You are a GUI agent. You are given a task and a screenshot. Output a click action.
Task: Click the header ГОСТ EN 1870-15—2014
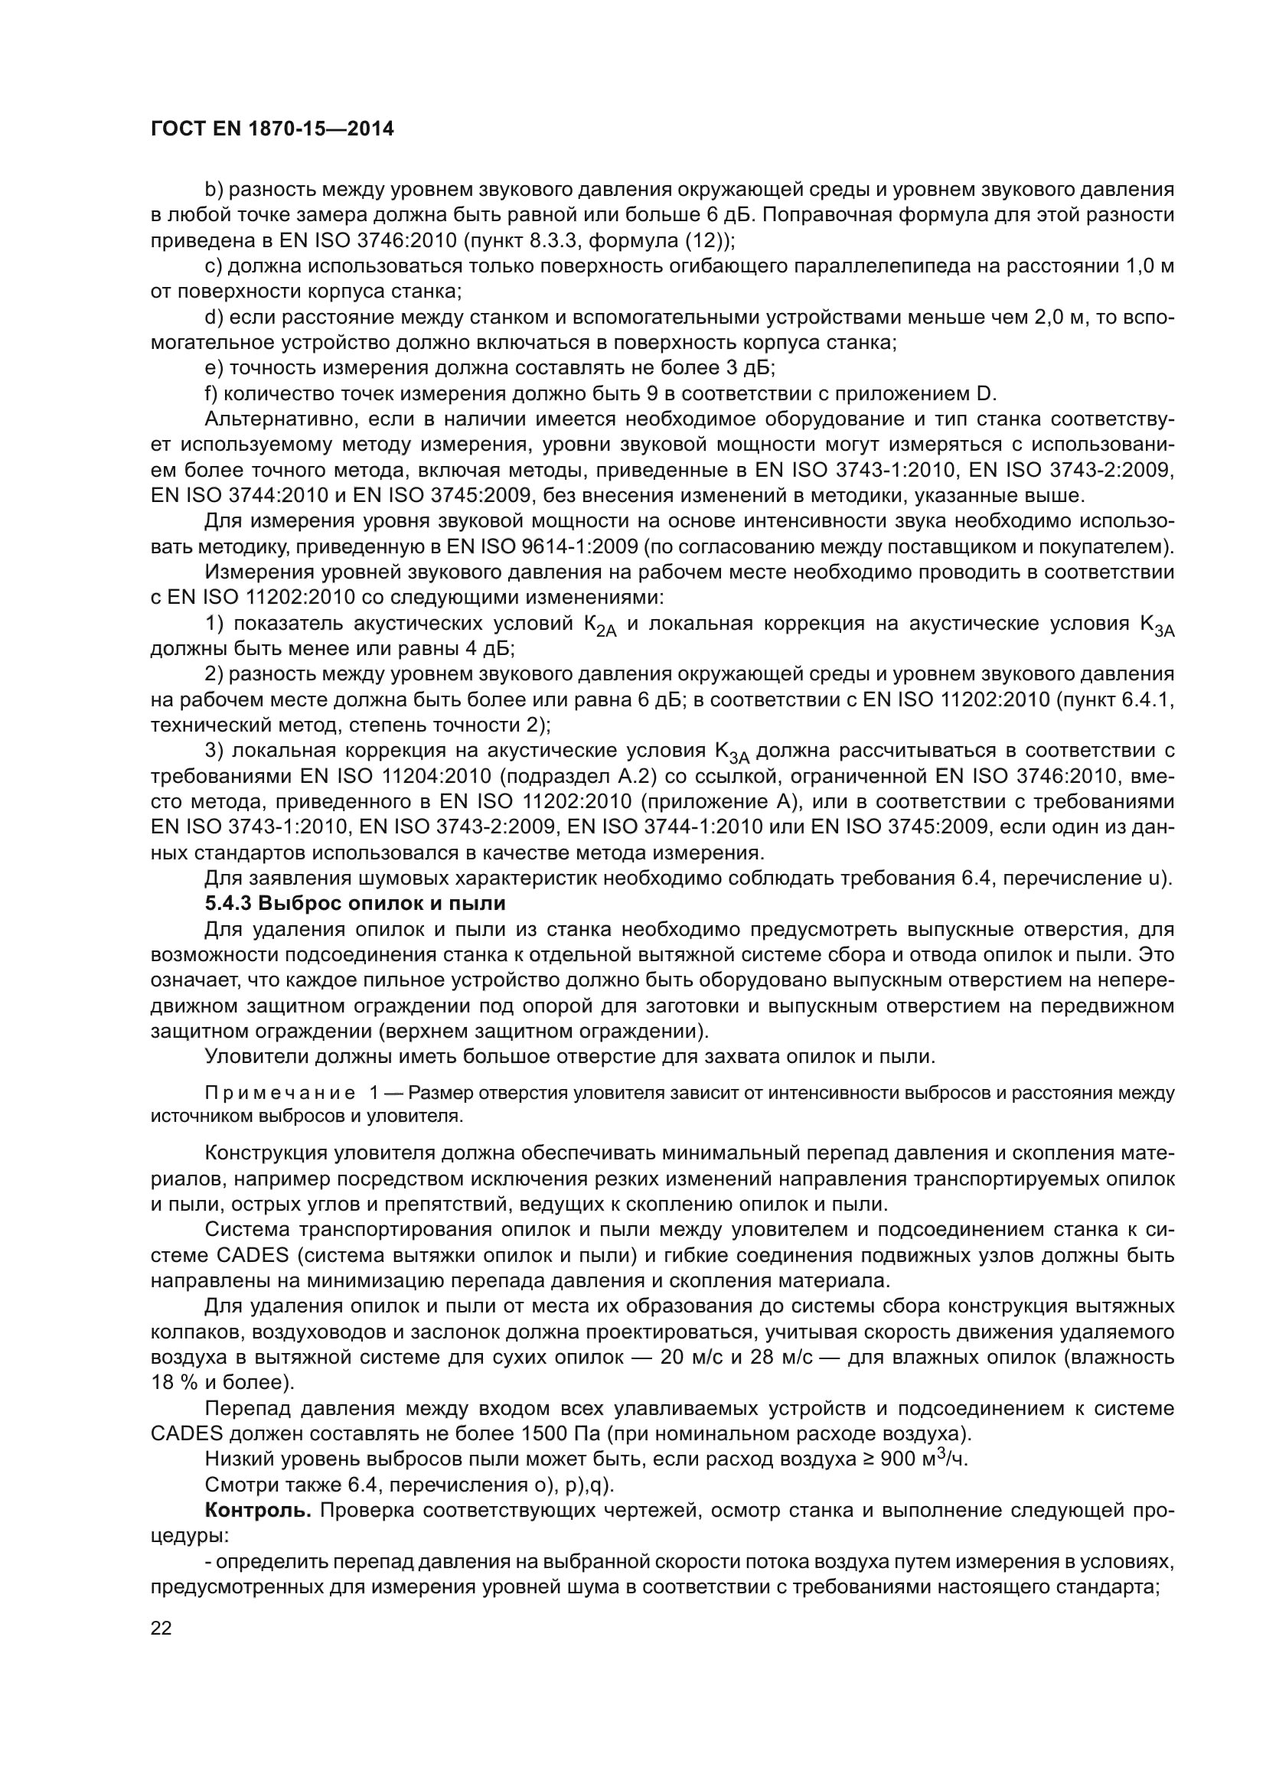(x=272, y=129)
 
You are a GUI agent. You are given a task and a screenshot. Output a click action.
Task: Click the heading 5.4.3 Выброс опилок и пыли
(x=354, y=905)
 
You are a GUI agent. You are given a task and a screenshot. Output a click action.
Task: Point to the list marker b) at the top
(x=214, y=190)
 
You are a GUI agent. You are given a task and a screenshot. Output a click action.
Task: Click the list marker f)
(x=212, y=393)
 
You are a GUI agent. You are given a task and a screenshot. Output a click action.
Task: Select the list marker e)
(x=214, y=368)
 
